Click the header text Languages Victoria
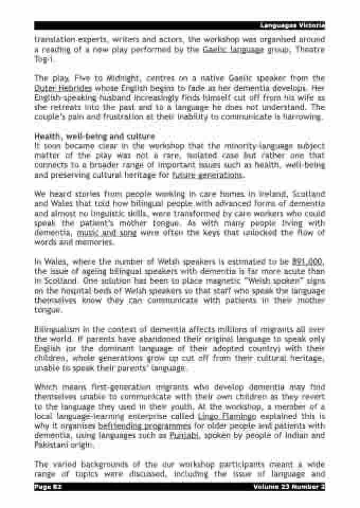[x=292, y=25]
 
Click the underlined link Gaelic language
[x=233, y=49]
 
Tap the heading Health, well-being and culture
[x=94, y=137]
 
